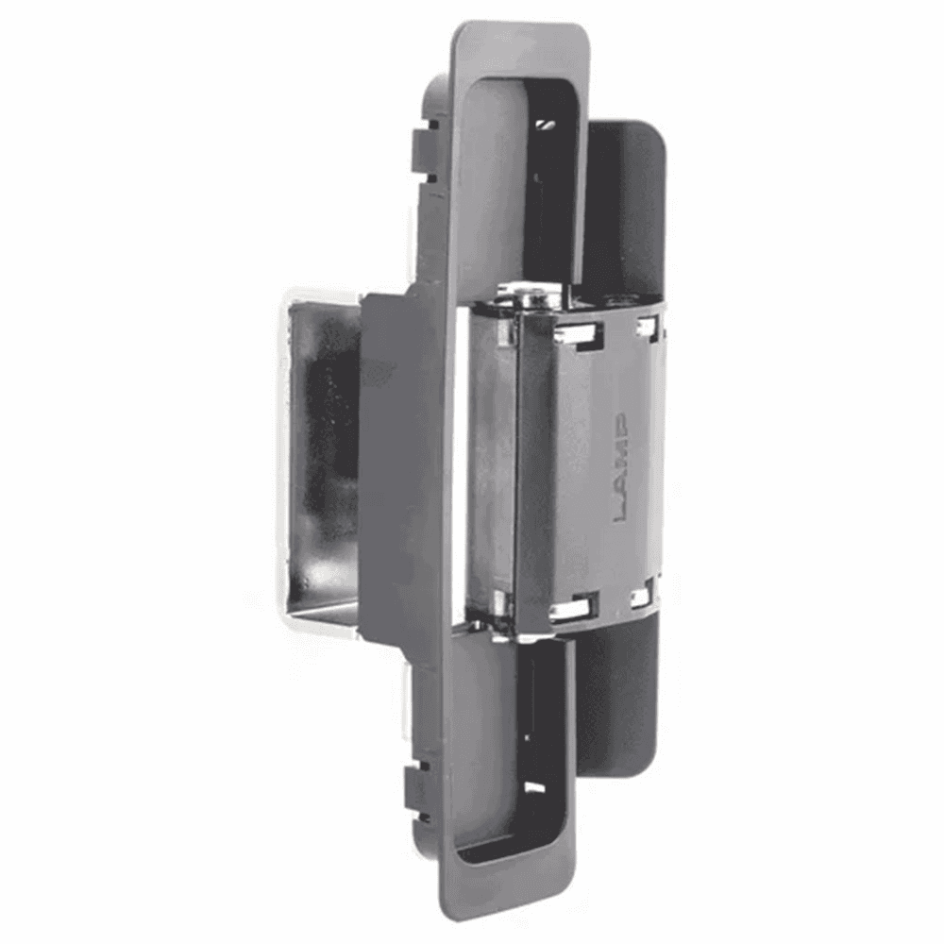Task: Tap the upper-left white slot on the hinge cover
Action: (578, 333)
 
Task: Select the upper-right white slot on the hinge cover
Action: (649, 328)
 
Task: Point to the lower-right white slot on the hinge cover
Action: (642, 596)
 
